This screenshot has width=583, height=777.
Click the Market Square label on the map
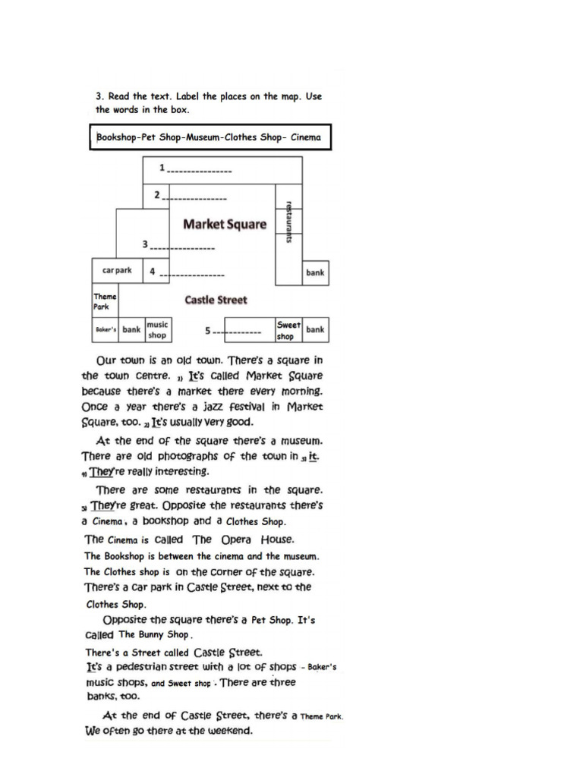[225, 224]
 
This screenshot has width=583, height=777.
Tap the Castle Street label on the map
[216, 300]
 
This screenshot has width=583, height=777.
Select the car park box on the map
[117, 270]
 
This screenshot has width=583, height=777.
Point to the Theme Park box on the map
[105, 301]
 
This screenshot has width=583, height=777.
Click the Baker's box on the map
[105, 330]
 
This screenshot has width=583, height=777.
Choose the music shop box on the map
[157, 330]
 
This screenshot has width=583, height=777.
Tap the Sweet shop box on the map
[288, 330]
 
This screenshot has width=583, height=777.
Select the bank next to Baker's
[132, 330]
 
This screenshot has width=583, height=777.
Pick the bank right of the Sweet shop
[315, 329]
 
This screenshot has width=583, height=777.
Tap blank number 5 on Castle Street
[235, 331]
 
